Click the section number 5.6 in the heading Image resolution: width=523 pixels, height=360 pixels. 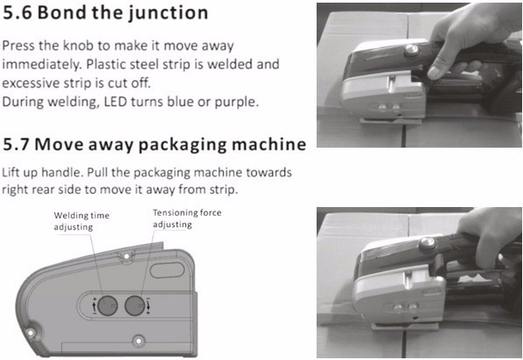17,12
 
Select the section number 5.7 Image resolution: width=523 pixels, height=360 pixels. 17,145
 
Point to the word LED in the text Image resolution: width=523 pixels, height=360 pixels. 115,101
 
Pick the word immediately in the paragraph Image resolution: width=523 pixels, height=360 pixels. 42,65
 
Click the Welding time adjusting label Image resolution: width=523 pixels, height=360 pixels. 81,221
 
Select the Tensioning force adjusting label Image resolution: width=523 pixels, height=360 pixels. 187,218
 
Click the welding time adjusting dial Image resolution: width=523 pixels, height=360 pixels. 108,305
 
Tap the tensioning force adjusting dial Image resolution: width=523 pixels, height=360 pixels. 135,305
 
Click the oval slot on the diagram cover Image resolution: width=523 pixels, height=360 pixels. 167,270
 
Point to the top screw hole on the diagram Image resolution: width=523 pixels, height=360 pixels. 127,256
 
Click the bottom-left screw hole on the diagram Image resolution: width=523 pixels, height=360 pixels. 31,332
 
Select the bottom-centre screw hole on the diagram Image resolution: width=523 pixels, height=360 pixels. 138,341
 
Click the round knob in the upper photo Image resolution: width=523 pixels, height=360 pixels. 412,50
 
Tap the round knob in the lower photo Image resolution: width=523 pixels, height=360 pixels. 428,243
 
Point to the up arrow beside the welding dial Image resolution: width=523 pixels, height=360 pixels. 94,306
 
